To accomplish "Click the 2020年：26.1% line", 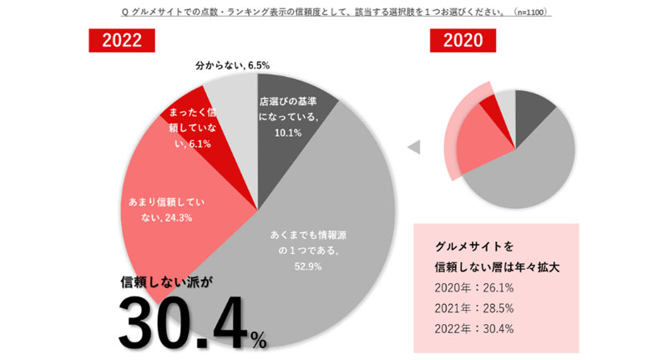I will point(474,288).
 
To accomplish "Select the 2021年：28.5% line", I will point(474,308).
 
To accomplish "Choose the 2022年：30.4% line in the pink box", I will point(474,328).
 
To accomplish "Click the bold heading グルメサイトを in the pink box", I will point(474,246).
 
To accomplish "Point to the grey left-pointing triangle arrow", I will point(412,148).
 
